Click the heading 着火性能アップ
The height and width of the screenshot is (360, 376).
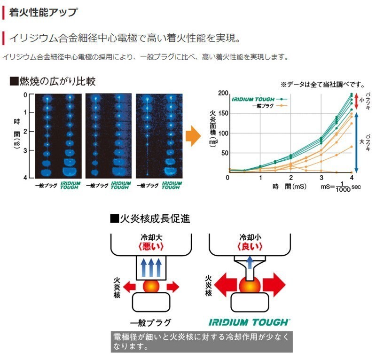43,13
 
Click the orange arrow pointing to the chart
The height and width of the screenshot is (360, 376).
193,136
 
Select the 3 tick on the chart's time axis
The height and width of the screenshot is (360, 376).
321,178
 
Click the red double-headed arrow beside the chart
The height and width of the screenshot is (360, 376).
356,101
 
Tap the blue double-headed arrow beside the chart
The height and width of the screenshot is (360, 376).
356,142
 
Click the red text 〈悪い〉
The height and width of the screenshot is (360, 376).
151,246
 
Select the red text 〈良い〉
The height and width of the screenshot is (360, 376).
250,246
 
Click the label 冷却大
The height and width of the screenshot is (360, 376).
151,237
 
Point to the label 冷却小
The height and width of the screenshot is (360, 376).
250,237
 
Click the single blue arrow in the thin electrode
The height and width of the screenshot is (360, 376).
250,262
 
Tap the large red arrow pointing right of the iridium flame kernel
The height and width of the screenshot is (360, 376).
274,285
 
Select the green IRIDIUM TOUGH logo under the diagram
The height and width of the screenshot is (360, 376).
249,322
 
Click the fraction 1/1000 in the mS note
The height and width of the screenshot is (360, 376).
343,187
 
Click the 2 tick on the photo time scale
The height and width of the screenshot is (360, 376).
25,132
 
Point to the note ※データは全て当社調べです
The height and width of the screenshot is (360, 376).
323,85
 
